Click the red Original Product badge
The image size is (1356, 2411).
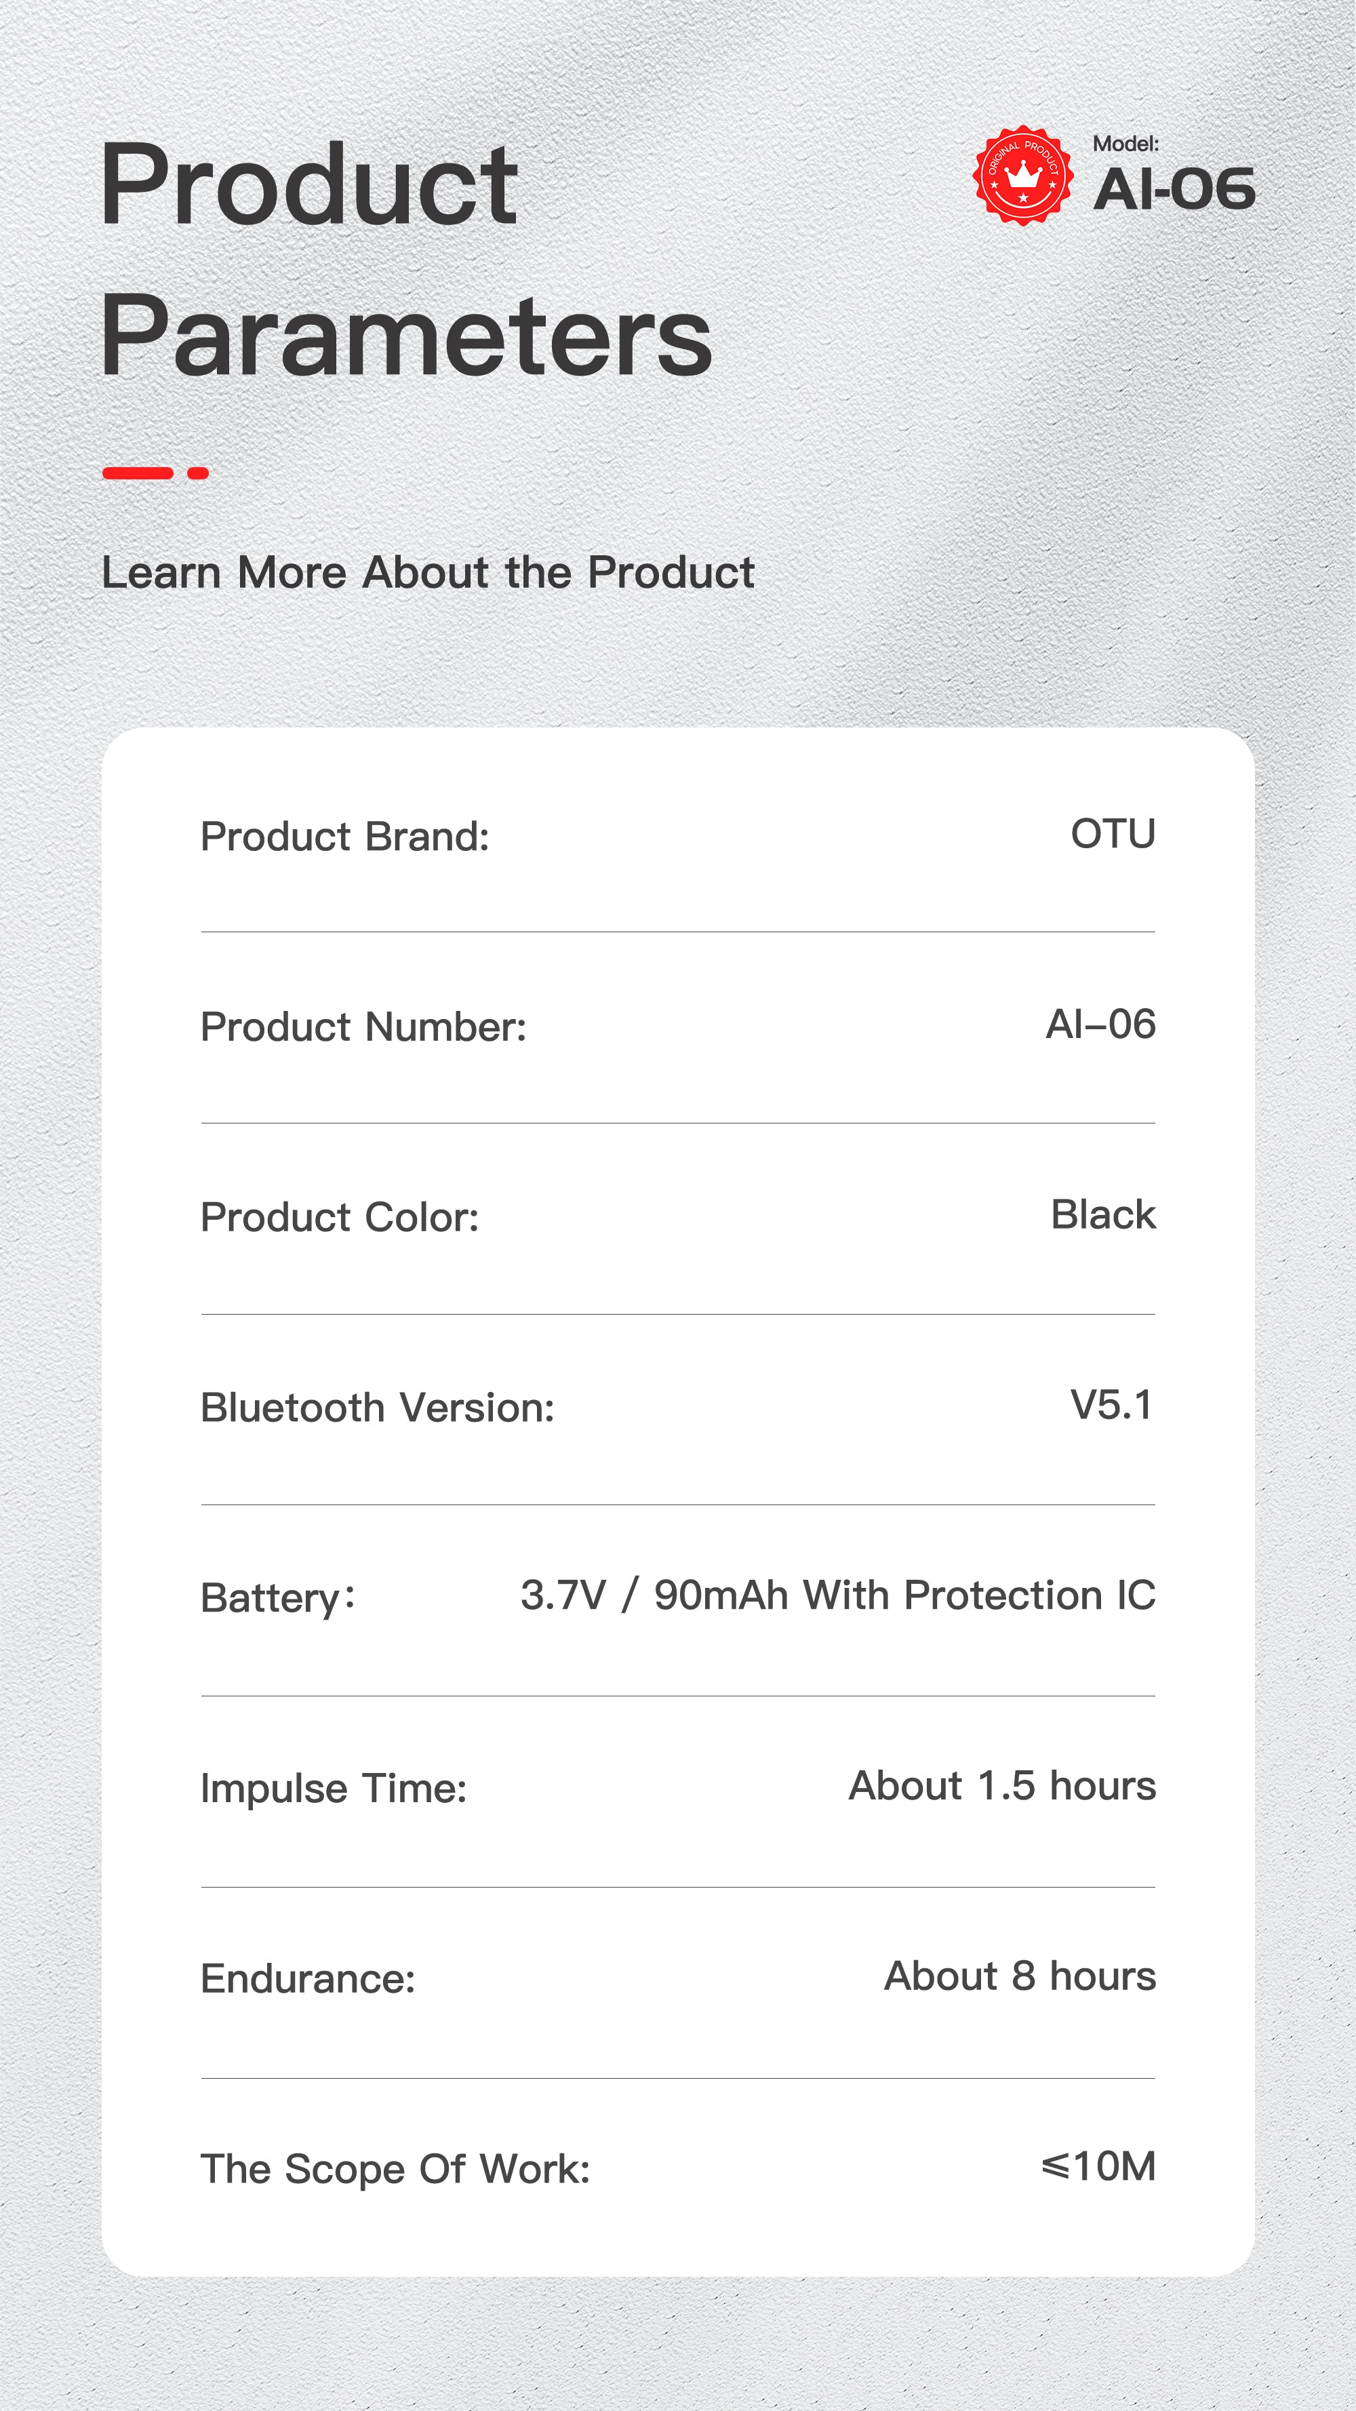coord(1023,175)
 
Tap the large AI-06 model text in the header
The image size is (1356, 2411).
coord(1174,189)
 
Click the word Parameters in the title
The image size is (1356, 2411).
coord(406,335)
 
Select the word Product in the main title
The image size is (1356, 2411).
coord(308,184)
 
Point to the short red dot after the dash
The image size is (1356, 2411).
coord(197,473)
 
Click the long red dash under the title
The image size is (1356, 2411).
coord(138,473)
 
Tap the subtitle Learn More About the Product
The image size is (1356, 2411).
coord(428,572)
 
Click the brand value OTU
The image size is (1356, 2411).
coord(1113,834)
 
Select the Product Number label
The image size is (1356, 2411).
coord(364,1027)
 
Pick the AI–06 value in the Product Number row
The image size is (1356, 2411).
coord(1100,1024)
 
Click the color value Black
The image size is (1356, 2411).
coord(1103,1214)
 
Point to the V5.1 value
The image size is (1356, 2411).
coord(1112,1405)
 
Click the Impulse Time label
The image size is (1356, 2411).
coord(334,1789)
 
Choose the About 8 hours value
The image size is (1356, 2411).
coord(1020,1976)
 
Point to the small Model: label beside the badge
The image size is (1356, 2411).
coord(1125,143)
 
